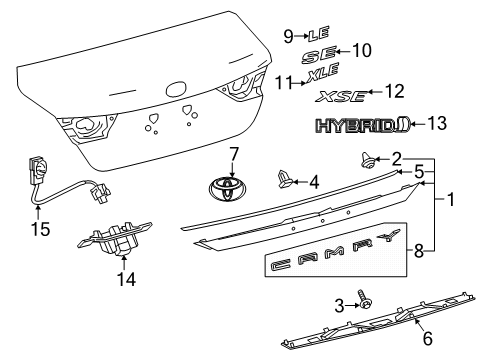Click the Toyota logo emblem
coord(229,189)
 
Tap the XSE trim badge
coord(342,96)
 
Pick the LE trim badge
coord(319,34)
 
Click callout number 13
coord(437,123)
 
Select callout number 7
coord(233,154)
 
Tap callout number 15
coord(41,229)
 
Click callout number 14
coord(126,279)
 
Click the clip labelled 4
coord(284,180)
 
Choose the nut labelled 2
coord(368,160)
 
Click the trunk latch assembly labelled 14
coord(114,239)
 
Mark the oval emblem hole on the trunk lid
coord(176,89)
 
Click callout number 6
coord(428,338)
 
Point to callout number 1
coord(450,199)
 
